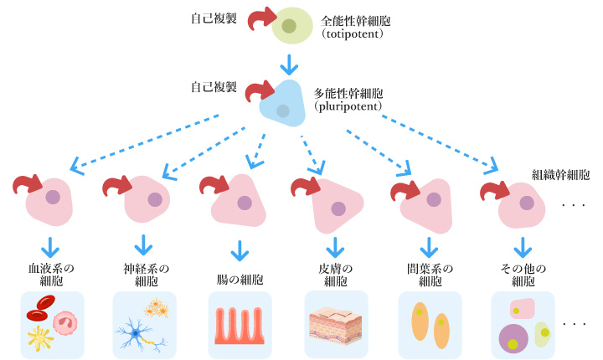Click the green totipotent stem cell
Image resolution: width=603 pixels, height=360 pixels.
(x=289, y=27)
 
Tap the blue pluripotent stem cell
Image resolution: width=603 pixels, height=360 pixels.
(x=281, y=105)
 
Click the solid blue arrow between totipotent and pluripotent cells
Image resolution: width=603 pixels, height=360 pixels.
(x=289, y=64)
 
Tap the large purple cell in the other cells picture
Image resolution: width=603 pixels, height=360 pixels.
(x=513, y=339)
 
